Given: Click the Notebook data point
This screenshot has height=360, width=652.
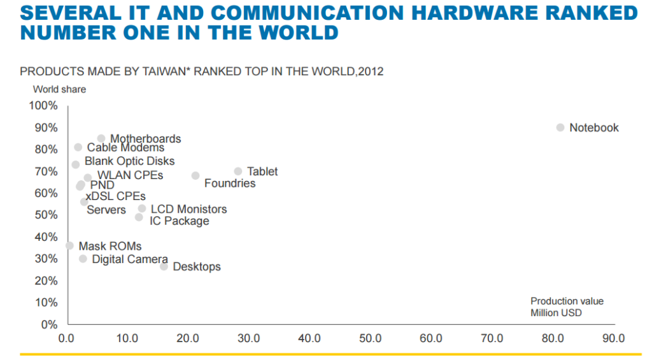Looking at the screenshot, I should click(560, 127).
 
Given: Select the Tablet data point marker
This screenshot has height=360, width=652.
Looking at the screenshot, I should click(238, 171).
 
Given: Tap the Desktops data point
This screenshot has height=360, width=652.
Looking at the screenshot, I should click(164, 266).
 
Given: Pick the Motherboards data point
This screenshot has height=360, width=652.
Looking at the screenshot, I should click(101, 138).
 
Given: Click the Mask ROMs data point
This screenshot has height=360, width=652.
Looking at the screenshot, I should click(69, 246).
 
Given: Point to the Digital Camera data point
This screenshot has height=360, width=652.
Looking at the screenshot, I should click(83, 259).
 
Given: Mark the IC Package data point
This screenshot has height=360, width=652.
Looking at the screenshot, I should click(139, 217).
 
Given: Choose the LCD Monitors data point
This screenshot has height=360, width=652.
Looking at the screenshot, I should click(142, 208).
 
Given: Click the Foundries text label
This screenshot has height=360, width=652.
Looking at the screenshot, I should click(230, 184).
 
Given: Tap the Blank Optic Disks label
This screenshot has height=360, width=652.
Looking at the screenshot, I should click(129, 161).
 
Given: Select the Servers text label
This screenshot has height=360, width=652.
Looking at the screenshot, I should click(106, 210).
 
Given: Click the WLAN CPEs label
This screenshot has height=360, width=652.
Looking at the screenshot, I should click(130, 175).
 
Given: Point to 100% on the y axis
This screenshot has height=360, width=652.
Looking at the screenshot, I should click(44, 105).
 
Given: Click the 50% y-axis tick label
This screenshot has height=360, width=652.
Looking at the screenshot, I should click(46, 215).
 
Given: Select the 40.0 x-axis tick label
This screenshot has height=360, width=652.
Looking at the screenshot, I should click(309, 338).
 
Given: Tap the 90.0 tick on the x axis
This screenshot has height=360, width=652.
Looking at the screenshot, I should click(613, 338).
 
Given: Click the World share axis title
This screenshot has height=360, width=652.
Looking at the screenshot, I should click(59, 89).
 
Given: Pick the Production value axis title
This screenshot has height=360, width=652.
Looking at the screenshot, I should click(567, 301).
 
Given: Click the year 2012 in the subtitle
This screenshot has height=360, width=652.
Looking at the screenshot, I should click(371, 71).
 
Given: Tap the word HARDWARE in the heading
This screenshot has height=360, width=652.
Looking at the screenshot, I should click(472, 13).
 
